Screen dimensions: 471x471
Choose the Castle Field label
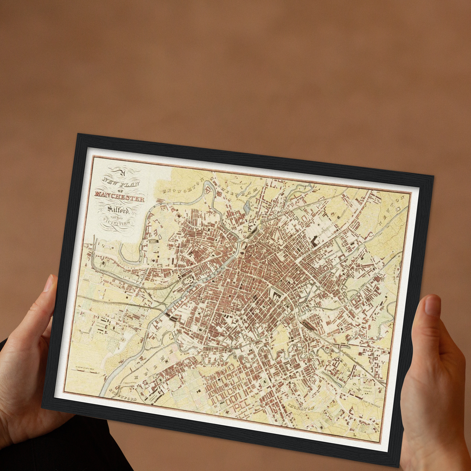click(188, 342)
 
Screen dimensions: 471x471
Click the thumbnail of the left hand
click(49, 284)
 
